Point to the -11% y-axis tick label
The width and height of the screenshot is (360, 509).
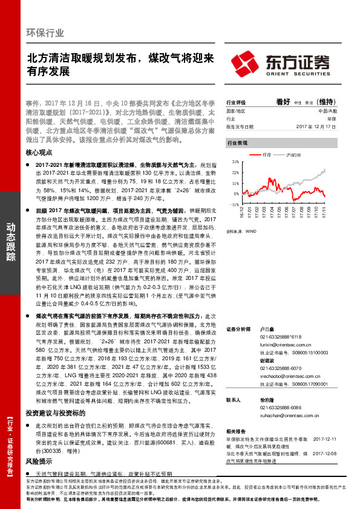click(234, 204)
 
